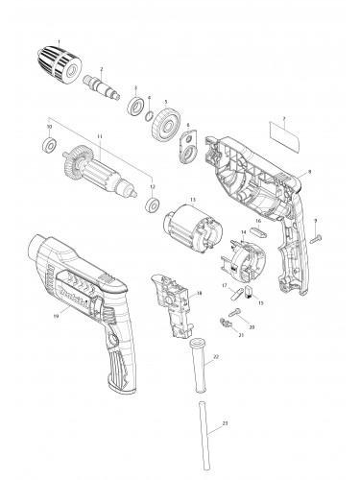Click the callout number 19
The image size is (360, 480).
coord(57,314)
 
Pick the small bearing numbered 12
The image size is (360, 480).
coord(151,204)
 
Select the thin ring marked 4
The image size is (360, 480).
coord(151,113)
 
